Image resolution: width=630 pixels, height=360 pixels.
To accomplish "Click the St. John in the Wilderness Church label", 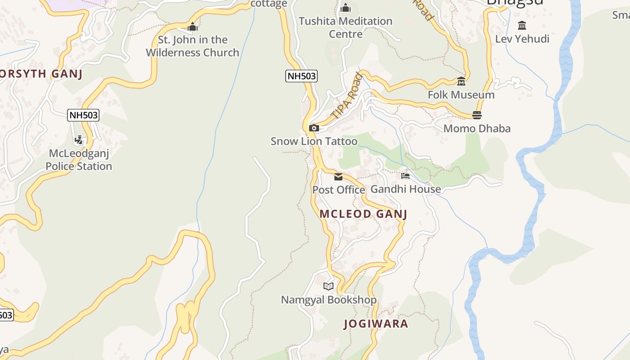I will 192,46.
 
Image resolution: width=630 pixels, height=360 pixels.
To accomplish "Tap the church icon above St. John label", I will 193,27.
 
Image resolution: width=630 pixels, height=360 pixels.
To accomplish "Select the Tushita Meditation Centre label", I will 346,27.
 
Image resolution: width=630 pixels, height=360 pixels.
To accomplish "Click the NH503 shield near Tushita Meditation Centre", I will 301,76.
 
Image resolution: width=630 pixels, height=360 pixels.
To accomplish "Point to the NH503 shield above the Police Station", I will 83,115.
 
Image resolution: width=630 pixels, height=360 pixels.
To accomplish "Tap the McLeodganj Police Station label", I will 79,160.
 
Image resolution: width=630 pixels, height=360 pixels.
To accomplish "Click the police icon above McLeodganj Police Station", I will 79,140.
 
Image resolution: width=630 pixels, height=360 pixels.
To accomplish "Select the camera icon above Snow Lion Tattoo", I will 314,128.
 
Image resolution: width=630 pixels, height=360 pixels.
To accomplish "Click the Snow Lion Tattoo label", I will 314,141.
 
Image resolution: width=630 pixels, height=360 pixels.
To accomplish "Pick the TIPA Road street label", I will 347,95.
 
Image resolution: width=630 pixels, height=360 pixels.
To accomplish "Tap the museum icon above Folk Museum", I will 461,81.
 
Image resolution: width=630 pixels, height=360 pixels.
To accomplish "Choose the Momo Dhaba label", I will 477,129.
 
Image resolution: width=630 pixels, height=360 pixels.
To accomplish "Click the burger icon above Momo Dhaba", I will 477,115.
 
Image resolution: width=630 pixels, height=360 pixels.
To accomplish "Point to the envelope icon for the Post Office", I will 338,176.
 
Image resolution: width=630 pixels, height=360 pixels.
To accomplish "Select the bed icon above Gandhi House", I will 405,176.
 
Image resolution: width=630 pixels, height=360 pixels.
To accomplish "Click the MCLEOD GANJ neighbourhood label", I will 363,214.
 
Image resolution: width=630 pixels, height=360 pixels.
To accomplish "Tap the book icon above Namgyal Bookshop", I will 328,286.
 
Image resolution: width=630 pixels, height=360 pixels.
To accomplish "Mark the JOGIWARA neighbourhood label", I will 376,324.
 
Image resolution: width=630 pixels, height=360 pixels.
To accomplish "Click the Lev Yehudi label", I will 522,39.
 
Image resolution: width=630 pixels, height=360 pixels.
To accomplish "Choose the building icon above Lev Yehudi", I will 522,25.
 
